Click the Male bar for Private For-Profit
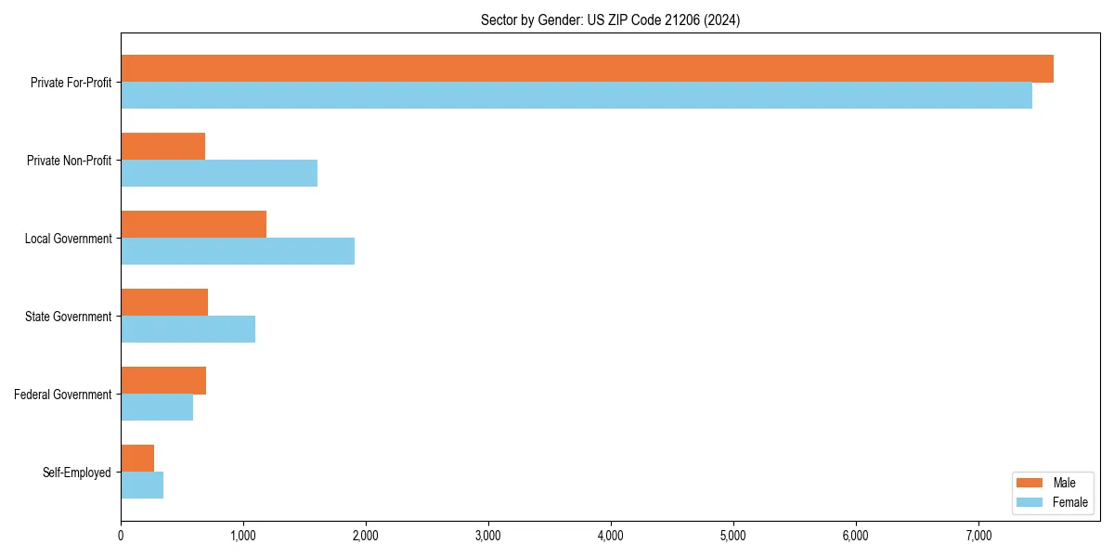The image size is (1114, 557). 587,69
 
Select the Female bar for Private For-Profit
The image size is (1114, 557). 576,96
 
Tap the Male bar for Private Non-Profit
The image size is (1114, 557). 163,147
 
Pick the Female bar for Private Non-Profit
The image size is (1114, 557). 219,174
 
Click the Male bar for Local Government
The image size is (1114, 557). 194,225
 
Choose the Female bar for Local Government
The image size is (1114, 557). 238,252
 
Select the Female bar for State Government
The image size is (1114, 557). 188,330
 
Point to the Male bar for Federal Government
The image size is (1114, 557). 163,381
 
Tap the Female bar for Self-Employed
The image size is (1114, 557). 142,486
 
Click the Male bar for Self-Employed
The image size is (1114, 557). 137,459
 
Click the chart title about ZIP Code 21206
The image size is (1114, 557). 610,19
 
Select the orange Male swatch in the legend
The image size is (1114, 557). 1030,483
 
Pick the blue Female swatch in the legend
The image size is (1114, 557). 1030,502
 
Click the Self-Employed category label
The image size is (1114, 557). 77,473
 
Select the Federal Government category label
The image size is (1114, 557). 63,395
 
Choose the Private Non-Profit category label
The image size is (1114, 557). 69,161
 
